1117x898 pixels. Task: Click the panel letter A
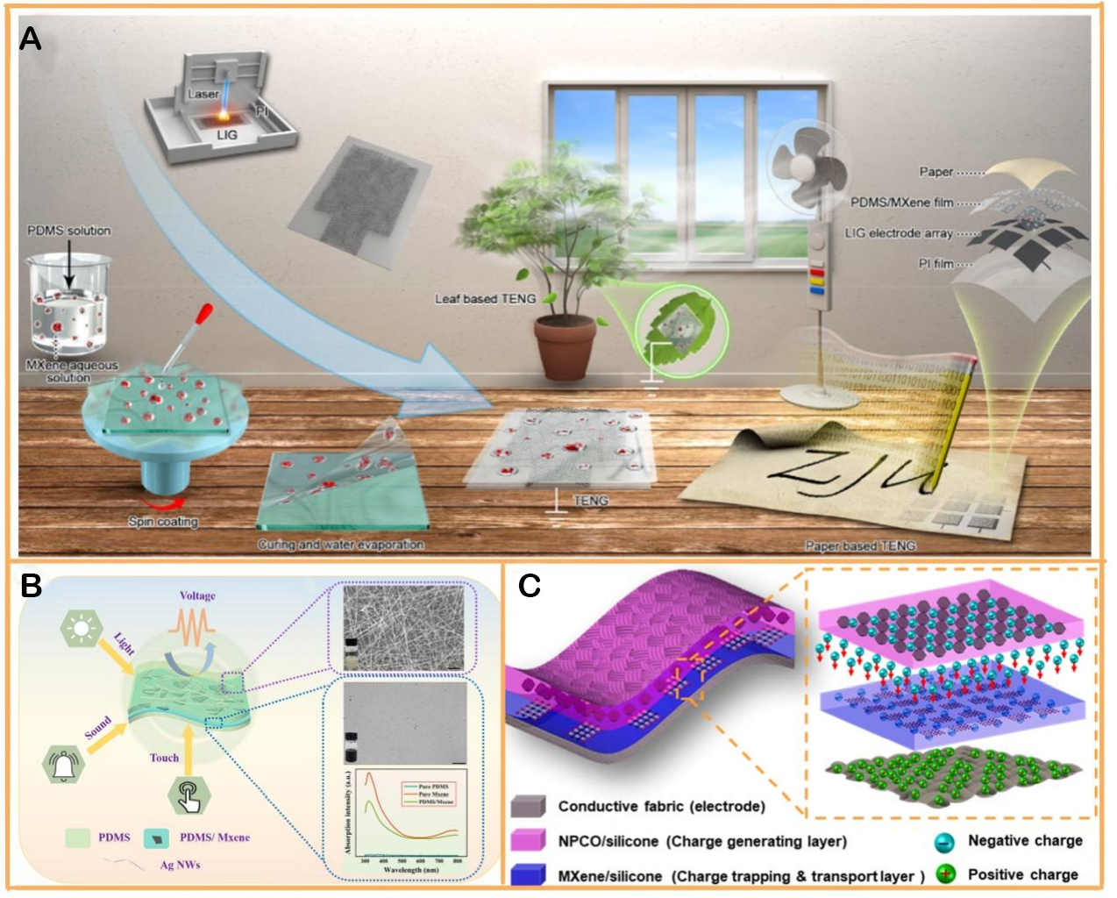[30, 39]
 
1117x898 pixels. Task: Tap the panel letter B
[31, 586]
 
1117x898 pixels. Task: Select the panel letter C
[529, 586]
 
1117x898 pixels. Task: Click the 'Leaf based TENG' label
[485, 299]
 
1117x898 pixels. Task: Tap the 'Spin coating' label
[163, 522]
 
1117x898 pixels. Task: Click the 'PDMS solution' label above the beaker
[68, 231]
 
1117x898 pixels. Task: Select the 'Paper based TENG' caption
[860, 545]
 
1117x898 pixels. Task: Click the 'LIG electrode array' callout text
[898, 233]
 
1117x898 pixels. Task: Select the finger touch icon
[189, 795]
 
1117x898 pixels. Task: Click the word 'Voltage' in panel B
[197, 595]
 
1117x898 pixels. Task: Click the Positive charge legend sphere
[945, 874]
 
